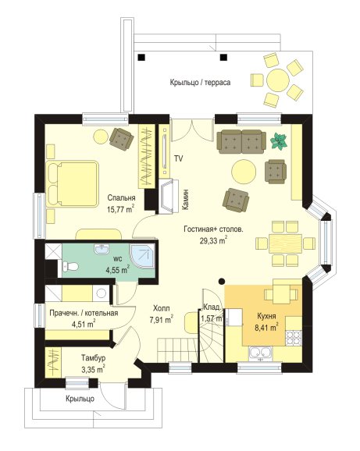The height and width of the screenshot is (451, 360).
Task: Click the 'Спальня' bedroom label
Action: pos(122,198)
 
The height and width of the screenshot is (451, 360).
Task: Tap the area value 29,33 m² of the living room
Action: pos(213,240)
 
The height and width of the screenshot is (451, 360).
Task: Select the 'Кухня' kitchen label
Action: pos(266,316)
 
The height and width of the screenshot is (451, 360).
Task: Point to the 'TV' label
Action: pos(178,158)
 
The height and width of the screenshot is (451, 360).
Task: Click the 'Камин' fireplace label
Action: pos(186,199)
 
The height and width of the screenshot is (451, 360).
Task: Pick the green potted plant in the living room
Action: pos(279,141)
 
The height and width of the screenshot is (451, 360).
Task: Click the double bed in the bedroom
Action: pos(72,183)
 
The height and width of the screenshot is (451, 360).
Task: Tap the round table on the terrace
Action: pos(277,80)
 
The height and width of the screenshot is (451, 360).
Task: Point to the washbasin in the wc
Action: pos(102,250)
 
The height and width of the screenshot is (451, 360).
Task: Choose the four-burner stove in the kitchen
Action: pos(294,338)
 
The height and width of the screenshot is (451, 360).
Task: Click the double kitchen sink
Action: pos(261,354)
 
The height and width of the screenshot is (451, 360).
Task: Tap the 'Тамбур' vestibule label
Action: pos(93,358)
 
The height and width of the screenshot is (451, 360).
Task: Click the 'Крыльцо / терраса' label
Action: pos(200,83)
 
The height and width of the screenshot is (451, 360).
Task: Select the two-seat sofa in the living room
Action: pos(241,141)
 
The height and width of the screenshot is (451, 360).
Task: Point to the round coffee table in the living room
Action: pos(244,172)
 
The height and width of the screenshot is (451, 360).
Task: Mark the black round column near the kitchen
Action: pos(221,282)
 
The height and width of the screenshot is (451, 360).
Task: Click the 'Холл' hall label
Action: pos(161,309)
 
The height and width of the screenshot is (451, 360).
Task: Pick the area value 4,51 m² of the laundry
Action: pos(84,324)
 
